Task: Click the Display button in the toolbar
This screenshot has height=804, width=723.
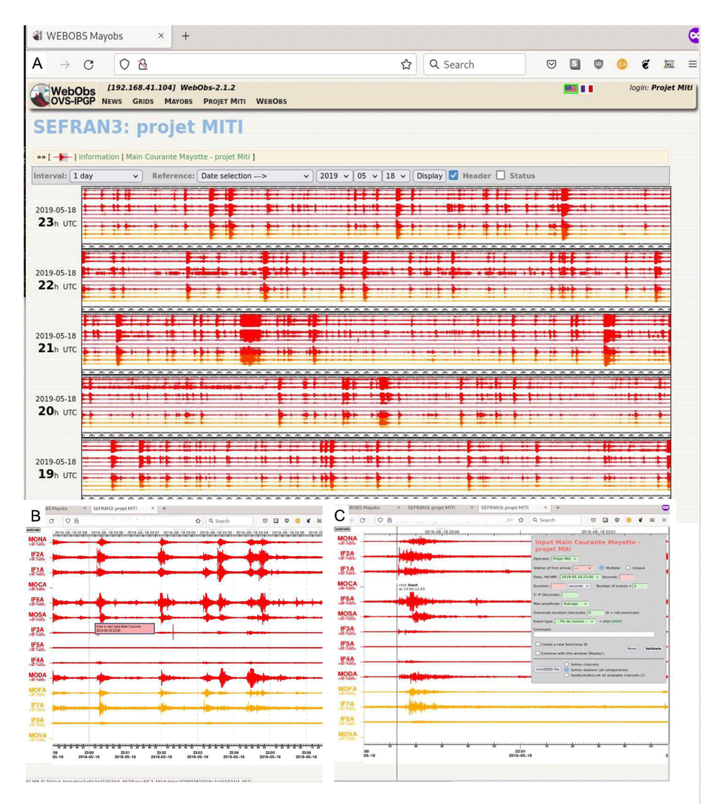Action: (x=430, y=176)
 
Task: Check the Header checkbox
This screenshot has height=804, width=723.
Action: (x=454, y=175)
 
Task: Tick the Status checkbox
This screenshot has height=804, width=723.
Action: (x=501, y=175)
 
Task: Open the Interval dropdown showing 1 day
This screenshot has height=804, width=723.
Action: (x=106, y=176)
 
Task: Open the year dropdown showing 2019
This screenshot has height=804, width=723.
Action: (x=334, y=176)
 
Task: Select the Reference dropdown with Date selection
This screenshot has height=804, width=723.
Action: (x=255, y=176)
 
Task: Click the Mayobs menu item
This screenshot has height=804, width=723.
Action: (x=178, y=101)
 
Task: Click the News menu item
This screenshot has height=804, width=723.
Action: (x=111, y=101)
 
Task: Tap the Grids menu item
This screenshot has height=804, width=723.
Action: (x=143, y=101)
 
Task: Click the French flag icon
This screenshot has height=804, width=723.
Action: (x=587, y=89)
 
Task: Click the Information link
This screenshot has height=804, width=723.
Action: (x=99, y=157)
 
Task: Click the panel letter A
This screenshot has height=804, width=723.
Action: (x=37, y=63)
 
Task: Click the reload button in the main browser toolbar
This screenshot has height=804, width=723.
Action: (x=89, y=64)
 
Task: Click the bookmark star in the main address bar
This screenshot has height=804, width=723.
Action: (x=406, y=64)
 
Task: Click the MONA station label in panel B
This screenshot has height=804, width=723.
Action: (x=37, y=540)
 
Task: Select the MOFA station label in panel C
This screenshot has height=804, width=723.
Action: (x=347, y=689)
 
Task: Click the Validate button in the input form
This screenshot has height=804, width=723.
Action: (x=653, y=649)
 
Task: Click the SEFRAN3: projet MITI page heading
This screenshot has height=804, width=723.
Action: (x=138, y=127)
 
